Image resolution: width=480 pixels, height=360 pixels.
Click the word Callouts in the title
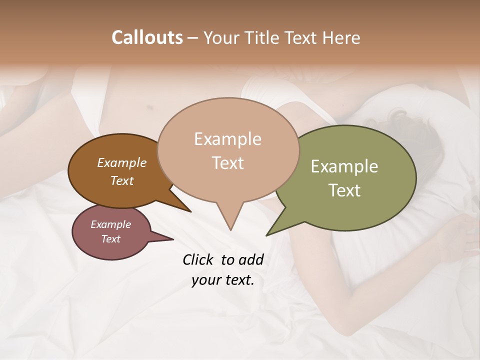click(147, 37)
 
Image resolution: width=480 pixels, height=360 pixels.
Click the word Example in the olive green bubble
click(344, 166)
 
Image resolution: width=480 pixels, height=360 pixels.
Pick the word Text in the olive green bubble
click(344, 190)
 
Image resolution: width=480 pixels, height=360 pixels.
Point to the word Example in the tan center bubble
click(227, 139)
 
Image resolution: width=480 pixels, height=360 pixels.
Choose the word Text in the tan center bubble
click(227, 163)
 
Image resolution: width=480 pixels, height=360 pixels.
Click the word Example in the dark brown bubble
click(122, 163)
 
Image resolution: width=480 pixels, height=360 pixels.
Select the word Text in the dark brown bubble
click(122, 180)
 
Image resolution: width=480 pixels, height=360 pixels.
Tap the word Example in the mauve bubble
click(110, 224)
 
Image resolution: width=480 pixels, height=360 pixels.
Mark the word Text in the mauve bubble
click(110, 239)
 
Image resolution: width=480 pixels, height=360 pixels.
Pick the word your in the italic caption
click(206, 280)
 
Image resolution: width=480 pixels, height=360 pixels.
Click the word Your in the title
click(221, 37)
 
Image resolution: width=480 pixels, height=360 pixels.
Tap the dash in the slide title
click(193, 37)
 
